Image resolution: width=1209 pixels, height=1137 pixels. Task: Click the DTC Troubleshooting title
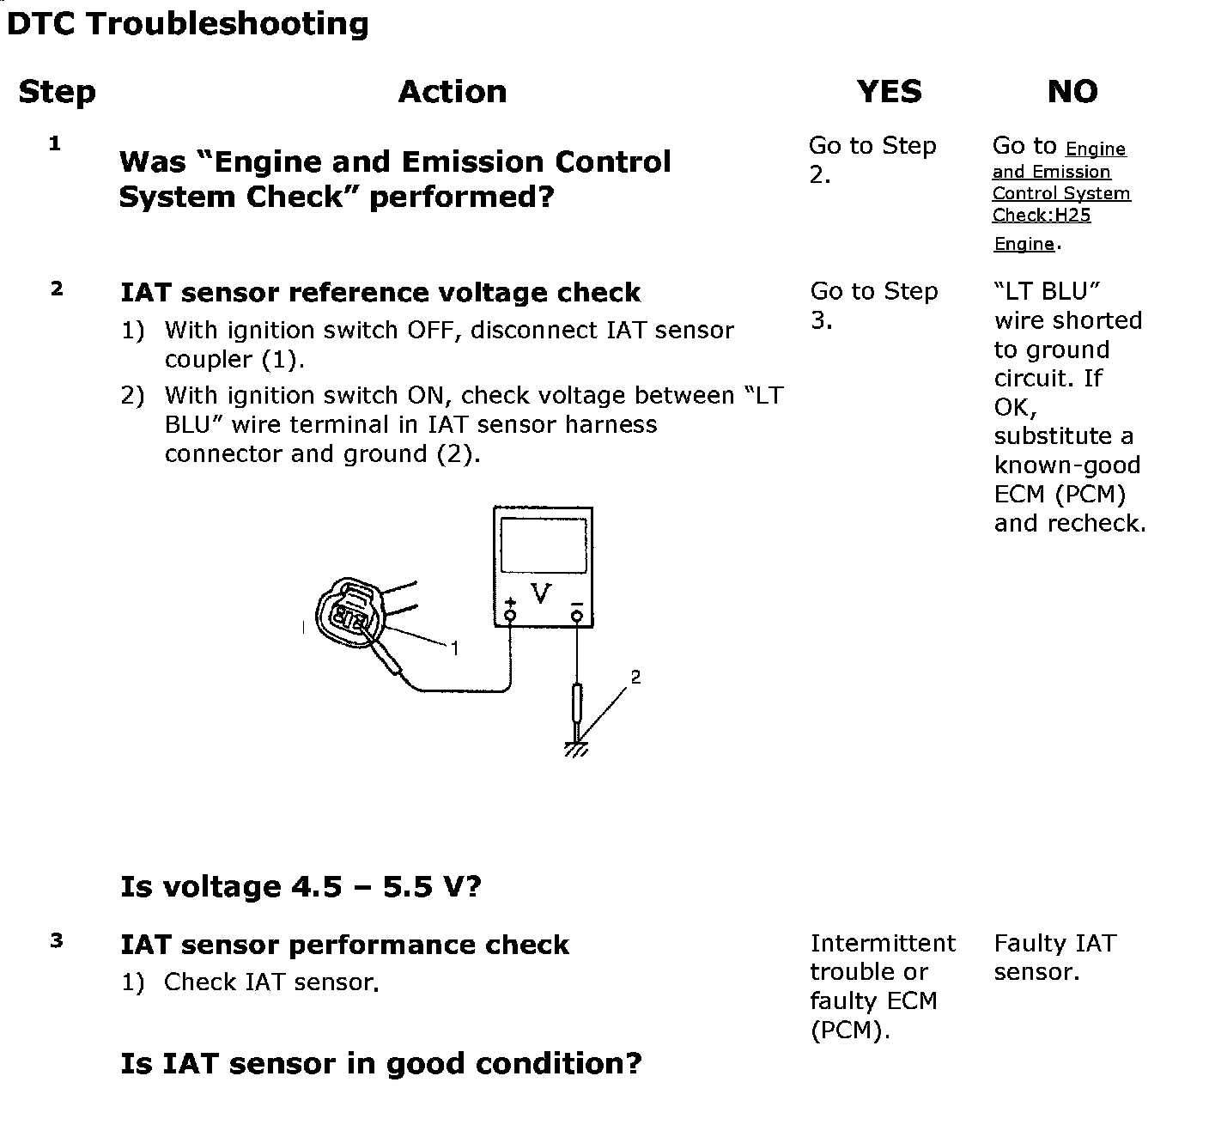pyautogui.click(x=187, y=23)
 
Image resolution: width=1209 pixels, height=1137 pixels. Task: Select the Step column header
pyautogui.click(x=57, y=92)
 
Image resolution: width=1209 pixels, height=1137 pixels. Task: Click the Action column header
pyautogui.click(x=452, y=92)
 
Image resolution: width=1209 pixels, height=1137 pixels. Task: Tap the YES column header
pyautogui.click(x=889, y=92)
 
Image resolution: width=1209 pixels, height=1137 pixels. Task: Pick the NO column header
pyautogui.click(x=1072, y=92)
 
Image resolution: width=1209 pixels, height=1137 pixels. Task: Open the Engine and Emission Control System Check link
pyautogui.click(x=1060, y=193)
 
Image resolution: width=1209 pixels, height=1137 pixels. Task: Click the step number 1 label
pyautogui.click(x=55, y=143)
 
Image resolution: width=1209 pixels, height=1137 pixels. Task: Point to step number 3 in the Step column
pyautogui.click(x=57, y=941)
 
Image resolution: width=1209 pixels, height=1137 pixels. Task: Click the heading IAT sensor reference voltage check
pyautogui.click(x=380, y=293)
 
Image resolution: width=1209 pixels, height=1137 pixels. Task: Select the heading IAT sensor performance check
pyautogui.click(x=344, y=945)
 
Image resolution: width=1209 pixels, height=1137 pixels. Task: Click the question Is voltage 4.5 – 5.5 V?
pyautogui.click(x=301, y=886)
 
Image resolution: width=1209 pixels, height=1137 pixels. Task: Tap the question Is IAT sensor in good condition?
pyautogui.click(x=380, y=1064)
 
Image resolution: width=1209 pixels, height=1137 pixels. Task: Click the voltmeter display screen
pyautogui.click(x=544, y=544)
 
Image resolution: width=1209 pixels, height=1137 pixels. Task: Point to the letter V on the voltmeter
pyautogui.click(x=541, y=593)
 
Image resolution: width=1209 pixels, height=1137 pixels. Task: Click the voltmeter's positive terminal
pyautogui.click(x=511, y=615)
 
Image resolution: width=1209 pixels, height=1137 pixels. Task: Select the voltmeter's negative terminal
pyautogui.click(x=577, y=615)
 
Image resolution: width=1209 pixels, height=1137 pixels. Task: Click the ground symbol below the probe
pyautogui.click(x=576, y=749)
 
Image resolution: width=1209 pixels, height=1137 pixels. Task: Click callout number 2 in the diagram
pyautogui.click(x=635, y=678)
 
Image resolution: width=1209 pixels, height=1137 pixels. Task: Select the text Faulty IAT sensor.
pyautogui.click(x=1054, y=958)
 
